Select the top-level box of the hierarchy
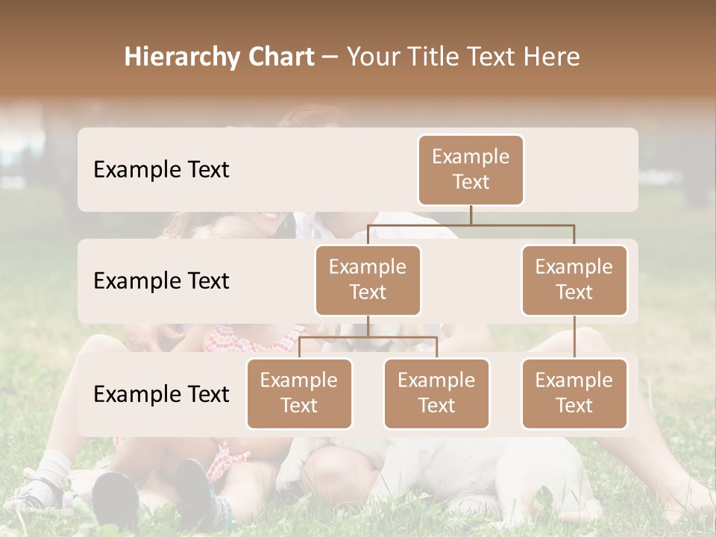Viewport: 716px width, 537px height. [471, 170]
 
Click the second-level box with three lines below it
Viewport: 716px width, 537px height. [368, 280]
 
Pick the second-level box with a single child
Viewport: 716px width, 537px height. [574, 280]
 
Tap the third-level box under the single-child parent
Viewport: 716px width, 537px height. [574, 394]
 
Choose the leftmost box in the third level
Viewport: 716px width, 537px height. [299, 394]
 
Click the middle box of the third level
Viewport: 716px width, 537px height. [436, 394]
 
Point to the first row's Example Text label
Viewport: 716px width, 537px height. [161, 170]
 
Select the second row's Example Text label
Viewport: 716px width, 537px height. [161, 281]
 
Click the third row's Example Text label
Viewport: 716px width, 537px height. [161, 394]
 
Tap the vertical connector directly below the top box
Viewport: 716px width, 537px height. [471, 215]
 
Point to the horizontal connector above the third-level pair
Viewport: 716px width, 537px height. [368, 337]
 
